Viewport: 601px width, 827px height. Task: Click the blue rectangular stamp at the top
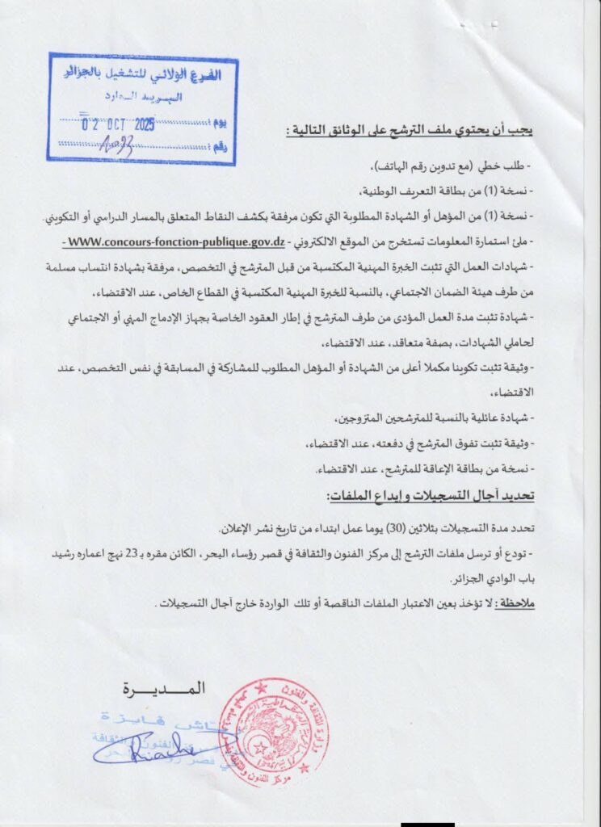click(143, 108)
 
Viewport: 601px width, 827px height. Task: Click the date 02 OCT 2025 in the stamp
click(120, 125)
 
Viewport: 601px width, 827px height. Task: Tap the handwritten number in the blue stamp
click(116, 145)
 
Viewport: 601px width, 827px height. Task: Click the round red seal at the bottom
click(263, 732)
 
